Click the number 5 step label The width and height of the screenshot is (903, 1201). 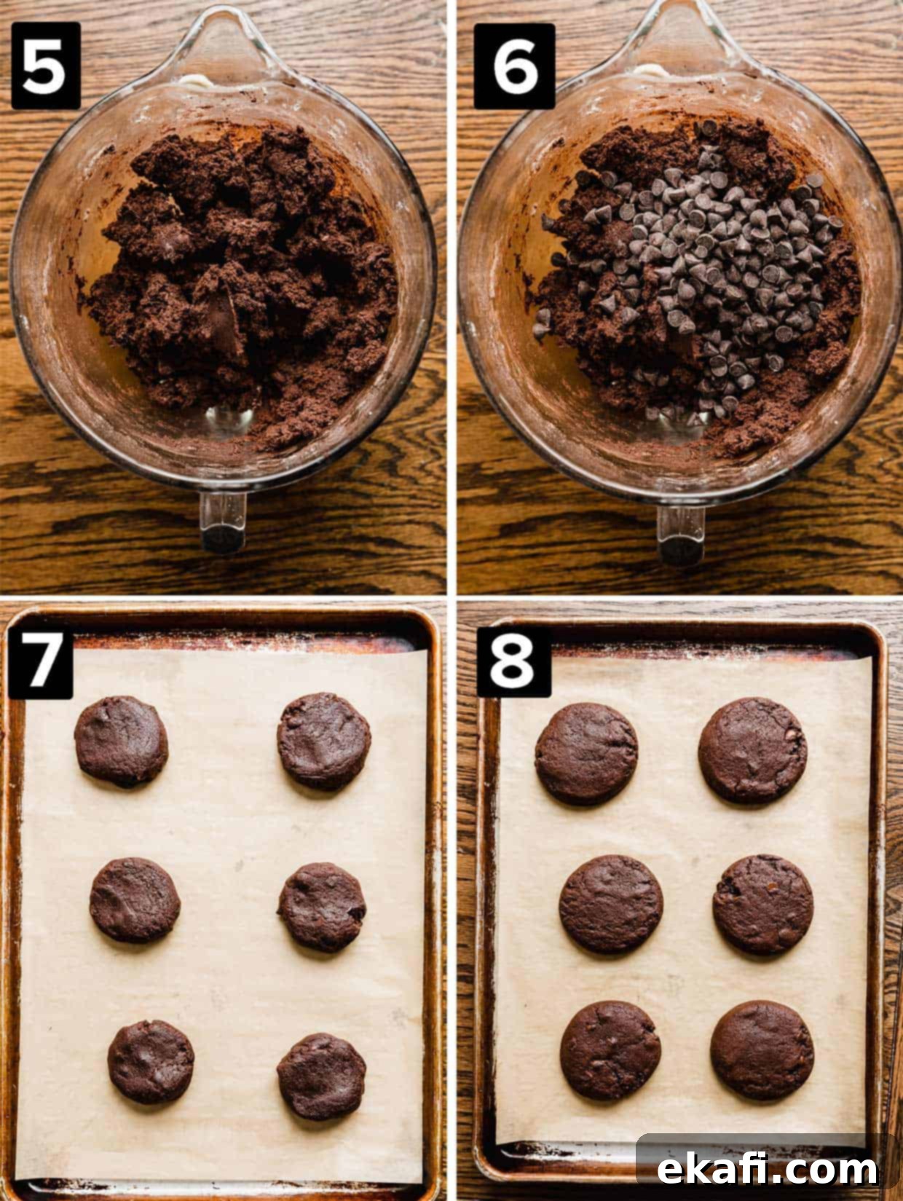pos(46,66)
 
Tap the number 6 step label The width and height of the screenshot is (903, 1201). pos(514,66)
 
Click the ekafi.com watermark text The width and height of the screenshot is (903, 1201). pos(768,1166)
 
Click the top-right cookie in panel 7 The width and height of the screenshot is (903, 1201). pos(324,741)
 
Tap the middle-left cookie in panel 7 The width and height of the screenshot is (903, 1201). pos(135,899)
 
